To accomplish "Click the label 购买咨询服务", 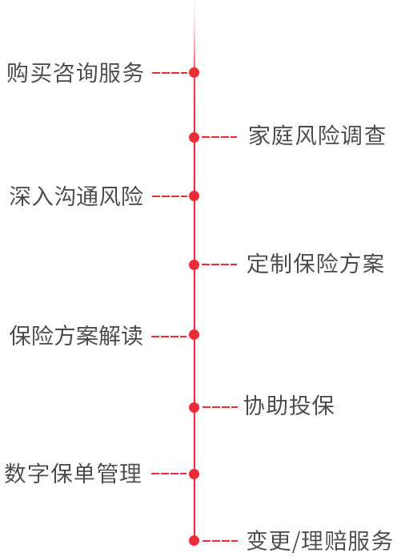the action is (x=75, y=73).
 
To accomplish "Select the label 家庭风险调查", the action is (x=317, y=135).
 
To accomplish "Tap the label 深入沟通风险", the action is (x=76, y=196).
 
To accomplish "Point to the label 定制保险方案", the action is (x=315, y=264).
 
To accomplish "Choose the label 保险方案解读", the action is (x=76, y=335).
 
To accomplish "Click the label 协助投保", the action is (x=289, y=406).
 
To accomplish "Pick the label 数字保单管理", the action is (x=73, y=473).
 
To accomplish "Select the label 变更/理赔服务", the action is (x=319, y=541).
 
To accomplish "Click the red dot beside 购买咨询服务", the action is (x=194, y=72).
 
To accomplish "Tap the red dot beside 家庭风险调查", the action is (x=194, y=137).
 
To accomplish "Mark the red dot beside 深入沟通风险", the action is (x=194, y=196).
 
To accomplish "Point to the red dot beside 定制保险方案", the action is (x=194, y=264).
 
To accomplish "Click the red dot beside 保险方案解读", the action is (x=194, y=335).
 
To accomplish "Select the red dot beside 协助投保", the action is (x=194, y=407).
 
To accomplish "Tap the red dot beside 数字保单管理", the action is (x=194, y=474).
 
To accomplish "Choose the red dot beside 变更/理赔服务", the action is (x=194, y=541).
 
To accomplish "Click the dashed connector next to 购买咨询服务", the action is (x=170, y=73).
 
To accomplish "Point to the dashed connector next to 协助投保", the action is (x=219, y=407).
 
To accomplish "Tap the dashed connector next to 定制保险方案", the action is (x=219, y=264).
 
